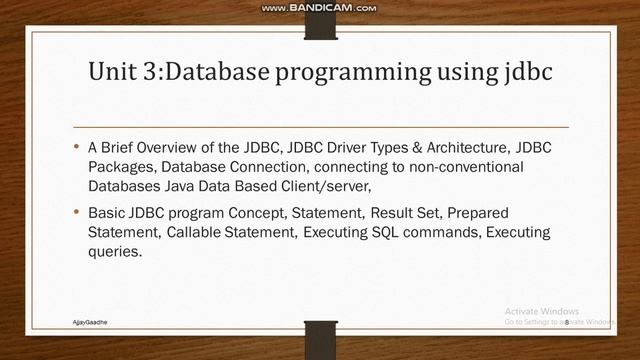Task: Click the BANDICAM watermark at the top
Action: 319,8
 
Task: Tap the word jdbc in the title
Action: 517,73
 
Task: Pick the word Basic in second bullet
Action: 107,214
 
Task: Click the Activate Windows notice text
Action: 542,310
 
